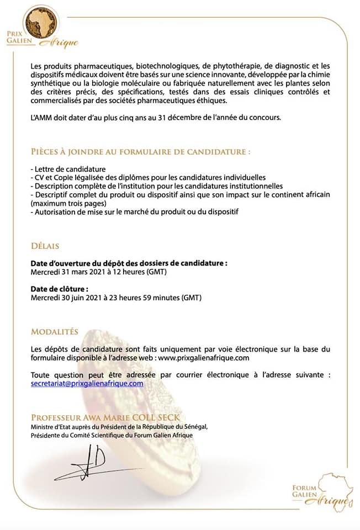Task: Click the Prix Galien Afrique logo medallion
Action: click(41, 23)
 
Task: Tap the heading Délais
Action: click(45, 246)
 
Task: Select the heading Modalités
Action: click(55, 332)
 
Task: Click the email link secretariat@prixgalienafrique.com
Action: click(87, 383)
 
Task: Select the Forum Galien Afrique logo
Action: click(323, 489)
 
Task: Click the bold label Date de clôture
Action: click(60, 289)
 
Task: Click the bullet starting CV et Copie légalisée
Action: click(149, 177)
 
